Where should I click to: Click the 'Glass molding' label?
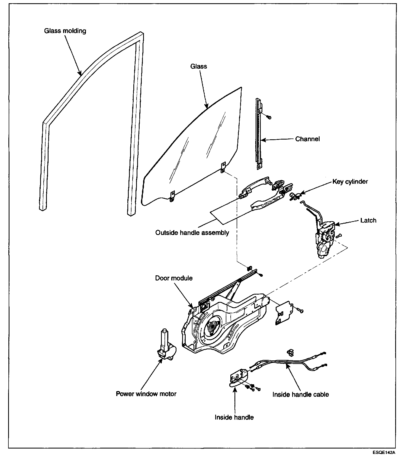[x=65, y=31]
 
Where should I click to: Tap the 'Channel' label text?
[x=307, y=139]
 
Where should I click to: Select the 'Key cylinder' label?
[x=350, y=182]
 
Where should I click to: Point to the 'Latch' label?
[x=368, y=220]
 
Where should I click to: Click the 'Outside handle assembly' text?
[x=192, y=233]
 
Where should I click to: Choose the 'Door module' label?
[x=174, y=278]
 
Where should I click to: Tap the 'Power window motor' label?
[x=146, y=394]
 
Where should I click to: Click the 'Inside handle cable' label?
[x=300, y=394]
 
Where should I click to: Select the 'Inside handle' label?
[x=234, y=417]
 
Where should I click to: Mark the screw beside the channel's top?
[x=269, y=117]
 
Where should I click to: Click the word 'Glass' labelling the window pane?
[x=198, y=66]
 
